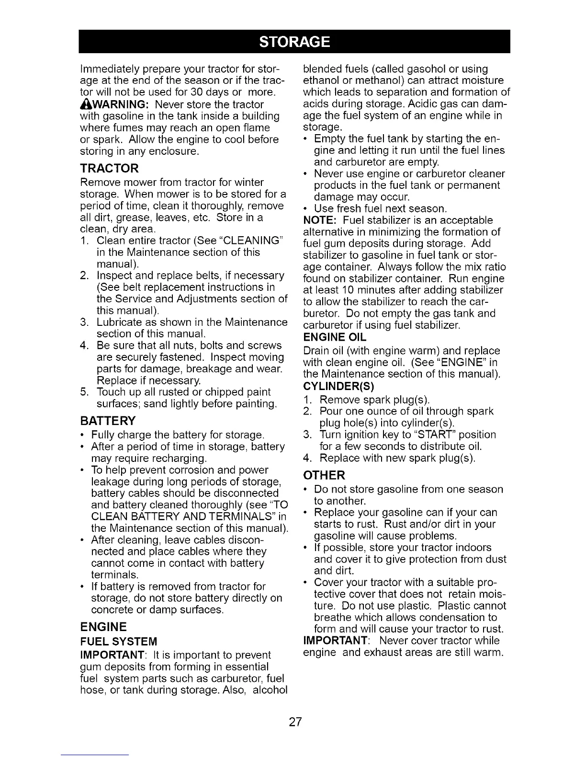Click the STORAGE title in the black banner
294,42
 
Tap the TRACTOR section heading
109,169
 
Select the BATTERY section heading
108,421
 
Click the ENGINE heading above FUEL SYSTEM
103,627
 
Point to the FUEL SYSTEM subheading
118,642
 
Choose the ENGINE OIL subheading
335,339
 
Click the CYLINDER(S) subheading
338,386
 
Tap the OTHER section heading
324,475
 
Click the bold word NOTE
321,220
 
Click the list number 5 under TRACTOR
83,392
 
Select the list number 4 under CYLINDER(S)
308,459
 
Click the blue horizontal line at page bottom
95,755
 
